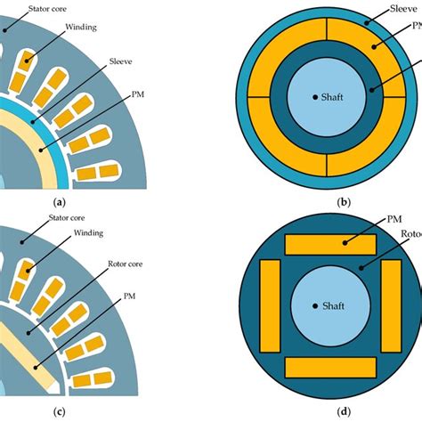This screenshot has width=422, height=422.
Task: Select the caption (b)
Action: click(343, 202)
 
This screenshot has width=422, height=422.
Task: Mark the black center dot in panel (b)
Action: click(314, 96)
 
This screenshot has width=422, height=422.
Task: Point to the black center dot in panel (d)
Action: click(314, 305)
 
